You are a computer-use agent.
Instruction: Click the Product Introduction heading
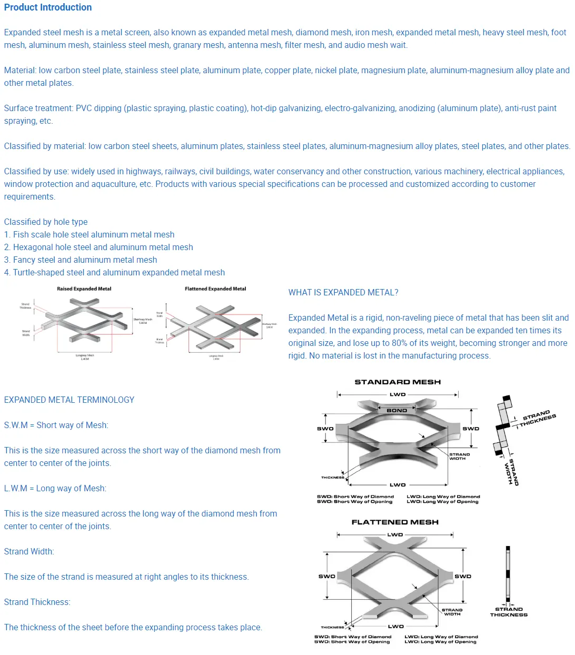pos(48,7)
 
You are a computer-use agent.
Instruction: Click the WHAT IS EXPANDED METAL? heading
pos(343,292)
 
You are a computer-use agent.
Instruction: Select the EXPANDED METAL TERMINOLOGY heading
pos(69,400)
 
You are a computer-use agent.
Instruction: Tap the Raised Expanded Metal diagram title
pos(84,289)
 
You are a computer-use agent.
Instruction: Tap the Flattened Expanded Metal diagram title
pos(215,289)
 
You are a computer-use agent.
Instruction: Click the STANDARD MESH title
pos(398,382)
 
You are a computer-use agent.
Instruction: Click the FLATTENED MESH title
pos(395,522)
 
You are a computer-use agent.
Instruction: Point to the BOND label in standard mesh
pos(396,410)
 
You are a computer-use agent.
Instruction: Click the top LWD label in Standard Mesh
pos(398,394)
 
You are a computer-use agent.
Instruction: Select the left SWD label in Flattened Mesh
pos(326,576)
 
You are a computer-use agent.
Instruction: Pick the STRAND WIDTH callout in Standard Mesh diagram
pos(459,456)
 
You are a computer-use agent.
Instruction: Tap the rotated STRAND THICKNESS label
pos(538,418)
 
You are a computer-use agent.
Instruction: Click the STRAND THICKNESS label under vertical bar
pos(509,612)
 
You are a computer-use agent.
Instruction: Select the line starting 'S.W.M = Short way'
pos(56,425)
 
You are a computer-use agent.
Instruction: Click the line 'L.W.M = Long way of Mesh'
pos(55,488)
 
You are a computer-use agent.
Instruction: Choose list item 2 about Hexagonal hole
pos(98,247)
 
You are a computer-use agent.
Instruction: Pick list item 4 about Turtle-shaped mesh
pos(114,272)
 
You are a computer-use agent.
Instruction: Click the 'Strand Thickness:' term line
pos(37,602)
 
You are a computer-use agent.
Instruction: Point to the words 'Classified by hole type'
pos(46,222)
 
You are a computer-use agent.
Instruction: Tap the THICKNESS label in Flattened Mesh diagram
pos(332,627)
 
